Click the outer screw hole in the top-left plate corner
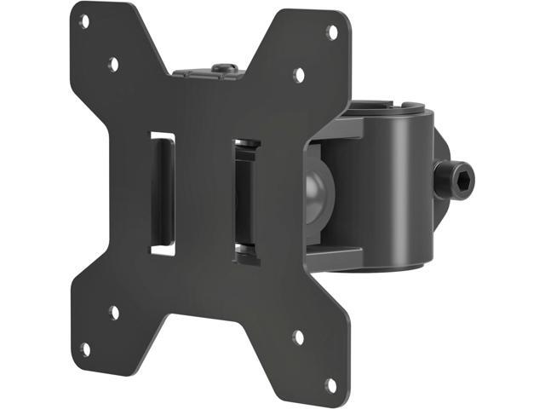pyautogui.click(x=84, y=20)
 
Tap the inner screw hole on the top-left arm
pyautogui.click(x=112, y=64)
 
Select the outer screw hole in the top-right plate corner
pyautogui.click(x=332, y=32)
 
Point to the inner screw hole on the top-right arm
pyautogui.click(x=299, y=75)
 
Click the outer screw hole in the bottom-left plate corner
pyautogui.click(x=85, y=348)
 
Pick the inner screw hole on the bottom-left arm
pyautogui.click(x=113, y=313)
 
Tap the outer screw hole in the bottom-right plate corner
pyautogui.click(x=330, y=385)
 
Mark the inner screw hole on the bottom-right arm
pyautogui.click(x=298, y=338)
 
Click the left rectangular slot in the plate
pyautogui.click(x=163, y=193)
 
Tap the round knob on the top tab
pyautogui.click(x=224, y=67)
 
